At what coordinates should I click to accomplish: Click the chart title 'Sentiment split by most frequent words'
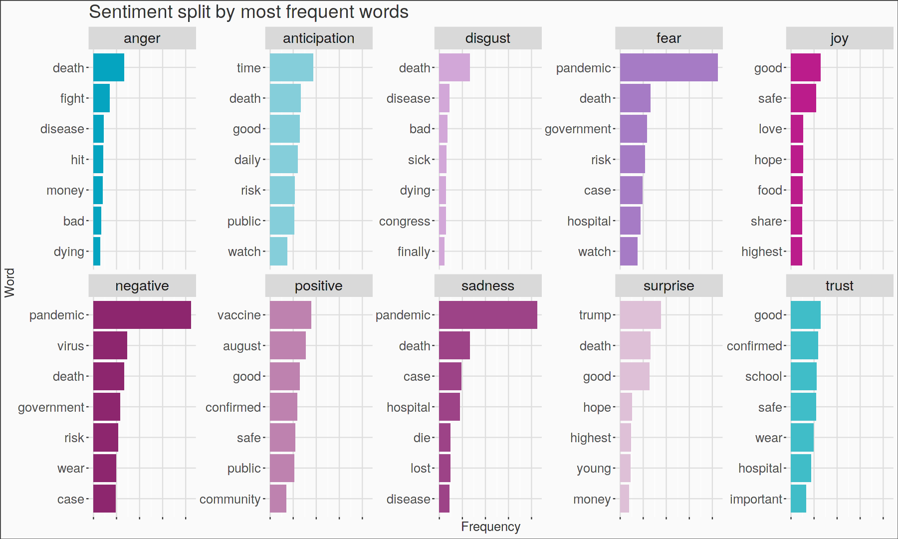coord(248,12)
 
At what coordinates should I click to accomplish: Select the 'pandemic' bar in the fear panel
coord(669,67)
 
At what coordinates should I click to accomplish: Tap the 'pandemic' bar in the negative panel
coord(142,315)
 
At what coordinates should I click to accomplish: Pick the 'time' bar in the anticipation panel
coord(291,67)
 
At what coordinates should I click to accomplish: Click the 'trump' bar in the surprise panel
coord(640,315)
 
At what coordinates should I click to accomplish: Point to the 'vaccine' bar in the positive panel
coord(290,315)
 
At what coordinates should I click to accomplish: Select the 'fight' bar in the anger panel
coord(101,98)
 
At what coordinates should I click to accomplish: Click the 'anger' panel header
coord(142,38)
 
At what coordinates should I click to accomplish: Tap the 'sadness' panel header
coord(487,286)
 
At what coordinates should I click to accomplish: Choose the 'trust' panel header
coord(839,286)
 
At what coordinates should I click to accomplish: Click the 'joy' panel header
coord(839,38)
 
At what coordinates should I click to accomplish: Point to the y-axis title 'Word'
coord(9,282)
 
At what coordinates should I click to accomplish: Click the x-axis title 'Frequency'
coord(490,527)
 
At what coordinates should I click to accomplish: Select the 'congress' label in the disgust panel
coord(404,221)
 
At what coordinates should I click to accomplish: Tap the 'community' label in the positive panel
coord(230,499)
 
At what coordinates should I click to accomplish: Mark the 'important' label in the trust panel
coord(756,499)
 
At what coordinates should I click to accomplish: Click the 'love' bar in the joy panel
coord(797,129)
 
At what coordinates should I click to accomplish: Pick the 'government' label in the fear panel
coord(578,129)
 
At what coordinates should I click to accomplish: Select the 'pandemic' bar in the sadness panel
coord(488,315)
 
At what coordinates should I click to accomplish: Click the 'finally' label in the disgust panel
coord(414,252)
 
